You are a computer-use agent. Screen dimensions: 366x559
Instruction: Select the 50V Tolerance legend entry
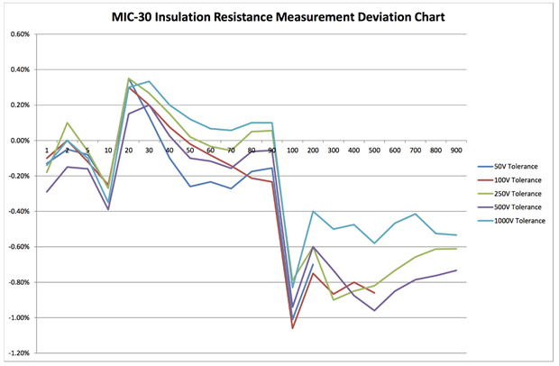point(512,166)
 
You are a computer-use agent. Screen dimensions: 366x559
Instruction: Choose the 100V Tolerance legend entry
point(514,180)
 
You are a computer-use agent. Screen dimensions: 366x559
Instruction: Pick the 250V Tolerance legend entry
point(514,195)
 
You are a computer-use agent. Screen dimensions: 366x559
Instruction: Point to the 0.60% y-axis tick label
point(19,34)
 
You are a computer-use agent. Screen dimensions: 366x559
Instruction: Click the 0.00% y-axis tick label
point(19,141)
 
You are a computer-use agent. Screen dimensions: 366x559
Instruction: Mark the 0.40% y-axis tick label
point(19,69)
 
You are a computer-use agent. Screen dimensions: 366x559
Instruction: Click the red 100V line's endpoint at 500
point(374,293)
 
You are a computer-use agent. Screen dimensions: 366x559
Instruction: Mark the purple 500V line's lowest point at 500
point(374,310)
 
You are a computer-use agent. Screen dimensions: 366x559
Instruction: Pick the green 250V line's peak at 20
point(129,78)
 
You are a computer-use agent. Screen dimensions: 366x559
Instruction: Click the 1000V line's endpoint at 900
point(455,235)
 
